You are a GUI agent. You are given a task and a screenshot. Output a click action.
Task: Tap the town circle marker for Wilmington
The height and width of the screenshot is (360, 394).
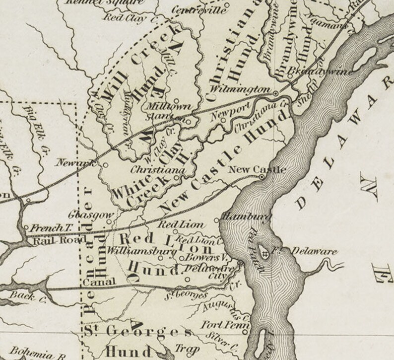click(276, 93)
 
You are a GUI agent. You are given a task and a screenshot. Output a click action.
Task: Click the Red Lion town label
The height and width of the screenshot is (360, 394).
click(181, 225)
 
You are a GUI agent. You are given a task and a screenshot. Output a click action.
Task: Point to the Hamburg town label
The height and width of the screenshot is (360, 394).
click(240, 216)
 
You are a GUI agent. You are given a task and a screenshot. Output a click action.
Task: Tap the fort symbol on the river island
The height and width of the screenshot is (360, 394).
click(266, 253)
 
